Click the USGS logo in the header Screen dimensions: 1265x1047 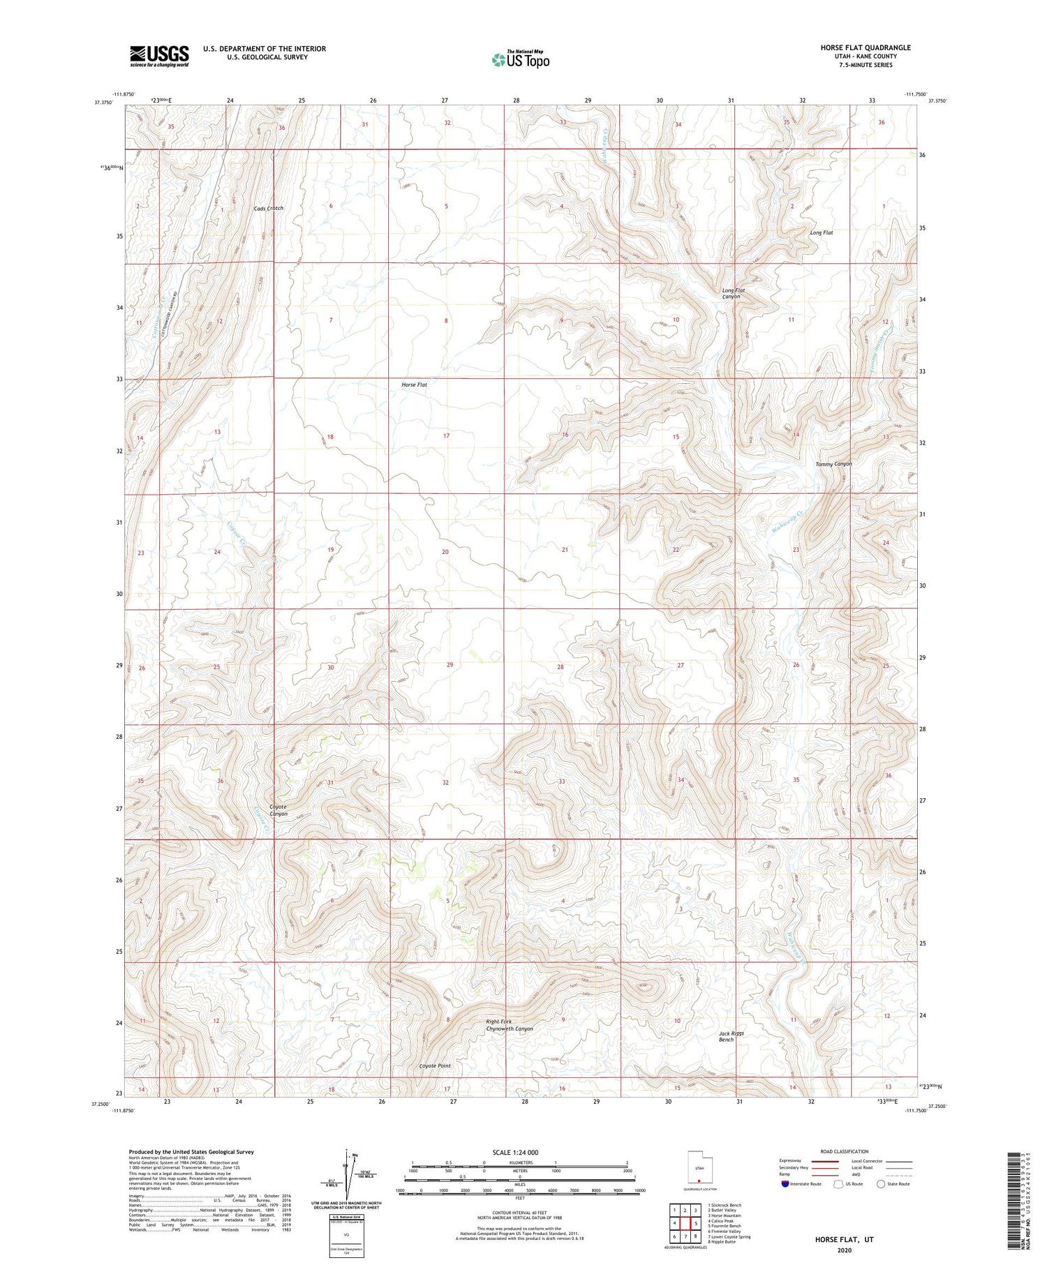[x=159, y=56]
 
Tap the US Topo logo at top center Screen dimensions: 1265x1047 [x=521, y=60]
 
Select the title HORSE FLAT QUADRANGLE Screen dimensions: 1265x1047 [x=866, y=48]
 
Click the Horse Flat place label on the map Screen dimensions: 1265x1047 [x=414, y=384]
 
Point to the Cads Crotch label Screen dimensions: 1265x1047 [x=269, y=209]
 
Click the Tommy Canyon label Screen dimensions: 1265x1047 [x=833, y=464]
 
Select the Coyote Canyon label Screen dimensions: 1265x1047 [x=279, y=810]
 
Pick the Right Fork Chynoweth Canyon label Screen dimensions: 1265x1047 [x=510, y=1025]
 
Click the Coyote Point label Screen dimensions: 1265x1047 [x=435, y=1066]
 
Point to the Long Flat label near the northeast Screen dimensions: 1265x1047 [x=822, y=232]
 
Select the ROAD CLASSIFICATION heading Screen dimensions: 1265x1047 [x=845, y=1151]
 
